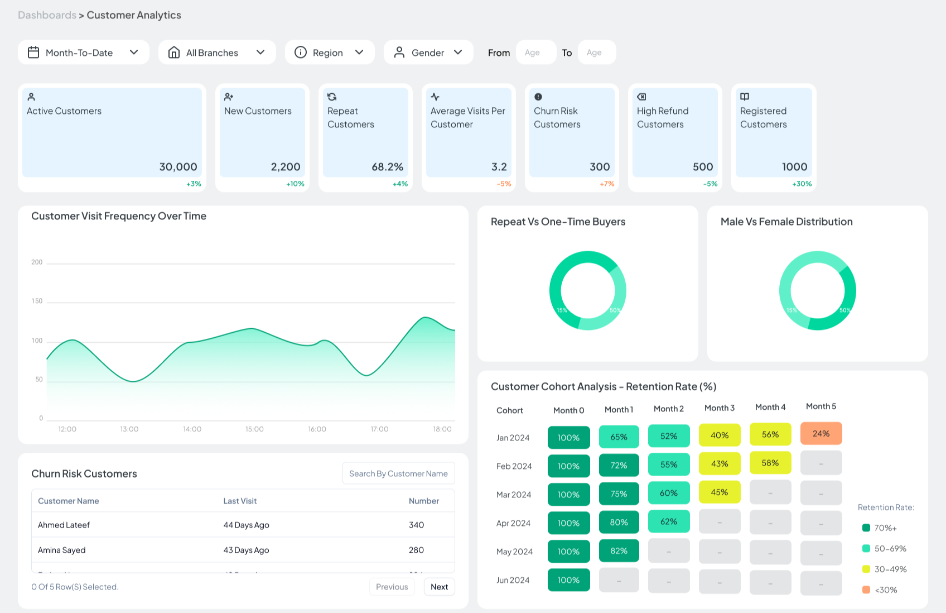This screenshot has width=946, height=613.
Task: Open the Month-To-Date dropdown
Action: (x=83, y=52)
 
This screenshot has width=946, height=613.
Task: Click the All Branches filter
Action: (x=217, y=52)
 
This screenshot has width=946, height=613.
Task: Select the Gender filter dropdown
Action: (x=428, y=52)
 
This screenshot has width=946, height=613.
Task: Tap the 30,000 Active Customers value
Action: (x=178, y=167)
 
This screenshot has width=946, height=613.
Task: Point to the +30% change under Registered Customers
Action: (x=802, y=184)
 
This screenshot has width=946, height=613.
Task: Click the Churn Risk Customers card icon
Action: (x=538, y=97)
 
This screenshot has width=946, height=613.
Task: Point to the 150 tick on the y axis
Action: (x=37, y=301)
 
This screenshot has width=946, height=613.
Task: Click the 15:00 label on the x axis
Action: (x=254, y=429)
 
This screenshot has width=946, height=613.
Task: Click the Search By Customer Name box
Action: (x=398, y=473)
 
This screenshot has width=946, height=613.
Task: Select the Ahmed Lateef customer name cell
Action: (x=64, y=525)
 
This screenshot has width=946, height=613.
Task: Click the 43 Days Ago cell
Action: (x=246, y=550)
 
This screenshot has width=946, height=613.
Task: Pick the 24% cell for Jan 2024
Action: (x=820, y=434)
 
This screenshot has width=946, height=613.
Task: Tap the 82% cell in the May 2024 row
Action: (x=619, y=551)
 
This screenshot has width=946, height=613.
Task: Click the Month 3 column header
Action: (x=719, y=408)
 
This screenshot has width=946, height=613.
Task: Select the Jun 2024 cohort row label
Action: (x=513, y=580)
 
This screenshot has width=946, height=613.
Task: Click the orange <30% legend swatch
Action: (x=866, y=590)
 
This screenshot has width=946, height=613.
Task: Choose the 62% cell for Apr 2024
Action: (x=668, y=522)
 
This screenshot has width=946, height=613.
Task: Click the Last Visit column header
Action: (x=240, y=501)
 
